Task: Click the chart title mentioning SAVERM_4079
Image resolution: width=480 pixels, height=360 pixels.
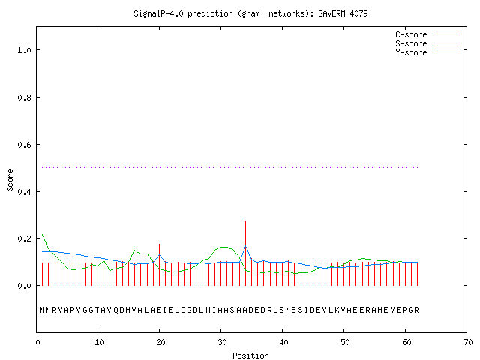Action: [250, 13]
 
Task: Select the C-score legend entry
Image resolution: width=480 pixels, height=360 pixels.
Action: [427, 34]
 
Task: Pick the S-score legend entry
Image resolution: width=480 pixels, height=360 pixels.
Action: [427, 43]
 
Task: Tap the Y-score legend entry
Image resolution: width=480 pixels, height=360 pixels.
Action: [427, 52]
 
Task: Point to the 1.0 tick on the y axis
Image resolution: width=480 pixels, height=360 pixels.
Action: [24, 50]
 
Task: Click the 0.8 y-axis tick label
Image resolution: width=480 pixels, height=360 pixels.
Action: [24, 97]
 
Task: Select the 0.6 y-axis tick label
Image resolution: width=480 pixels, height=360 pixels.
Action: [24, 145]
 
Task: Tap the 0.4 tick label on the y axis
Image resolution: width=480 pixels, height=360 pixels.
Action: [24, 192]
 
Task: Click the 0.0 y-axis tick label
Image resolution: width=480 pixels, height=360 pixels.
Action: [24, 286]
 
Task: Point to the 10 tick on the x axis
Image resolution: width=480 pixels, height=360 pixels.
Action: [99, 342]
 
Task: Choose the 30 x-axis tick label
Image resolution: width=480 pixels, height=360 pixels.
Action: [222, 342]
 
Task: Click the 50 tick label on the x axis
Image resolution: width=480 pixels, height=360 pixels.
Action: [345, 342]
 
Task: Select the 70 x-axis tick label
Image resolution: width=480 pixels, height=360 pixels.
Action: [468, 342]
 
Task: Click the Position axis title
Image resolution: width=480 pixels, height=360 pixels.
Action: [250, 355]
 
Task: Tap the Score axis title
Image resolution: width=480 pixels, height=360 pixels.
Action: [10, 180]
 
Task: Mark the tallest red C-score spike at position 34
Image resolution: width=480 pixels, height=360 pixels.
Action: [245, 253]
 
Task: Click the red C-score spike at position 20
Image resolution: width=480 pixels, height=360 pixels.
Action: [159, 265]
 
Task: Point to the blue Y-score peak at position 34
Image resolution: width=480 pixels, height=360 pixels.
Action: [245, 247]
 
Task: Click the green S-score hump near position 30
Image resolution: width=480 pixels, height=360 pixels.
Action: [223, 247]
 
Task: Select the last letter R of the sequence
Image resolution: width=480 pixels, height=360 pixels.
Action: [416, 310]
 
